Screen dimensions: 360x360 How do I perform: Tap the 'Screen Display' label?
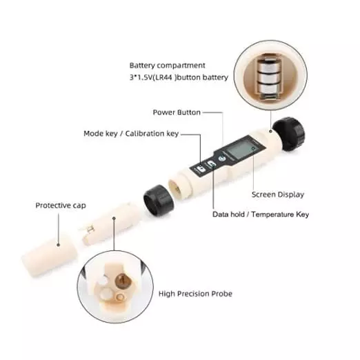tap(277, 194)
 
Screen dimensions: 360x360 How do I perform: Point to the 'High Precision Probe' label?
tap(195, 294)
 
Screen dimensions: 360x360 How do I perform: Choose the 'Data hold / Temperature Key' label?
tap(261, 214)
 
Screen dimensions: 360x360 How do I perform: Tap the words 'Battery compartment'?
tap(167, 66)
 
